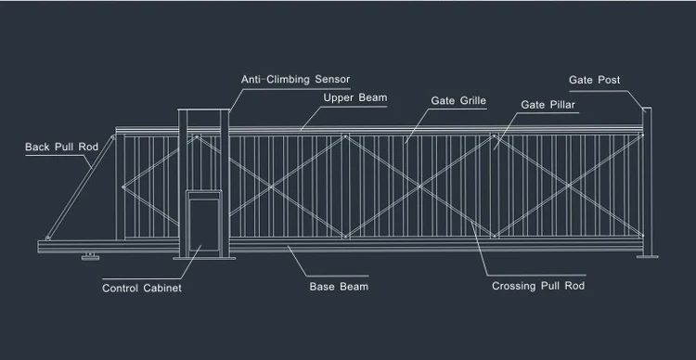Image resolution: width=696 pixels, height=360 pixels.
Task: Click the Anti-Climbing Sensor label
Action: point(296,80)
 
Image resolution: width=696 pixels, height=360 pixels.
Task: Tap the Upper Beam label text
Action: point(355,97)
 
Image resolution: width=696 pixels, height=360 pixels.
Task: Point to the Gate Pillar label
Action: point(548,105)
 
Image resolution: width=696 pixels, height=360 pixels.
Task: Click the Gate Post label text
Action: point(595,81)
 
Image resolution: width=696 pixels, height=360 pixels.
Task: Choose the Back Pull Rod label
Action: point(61,147)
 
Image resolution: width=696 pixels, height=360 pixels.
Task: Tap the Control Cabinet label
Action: point(142,289)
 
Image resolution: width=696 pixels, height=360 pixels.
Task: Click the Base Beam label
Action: point(339,287)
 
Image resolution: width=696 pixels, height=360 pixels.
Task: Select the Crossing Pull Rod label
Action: point(538,287)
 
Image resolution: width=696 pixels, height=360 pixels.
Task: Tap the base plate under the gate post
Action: point(648,257)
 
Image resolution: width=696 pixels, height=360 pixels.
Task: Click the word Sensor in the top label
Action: point(330,80)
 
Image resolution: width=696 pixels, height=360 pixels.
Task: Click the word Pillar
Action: point(561,105)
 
